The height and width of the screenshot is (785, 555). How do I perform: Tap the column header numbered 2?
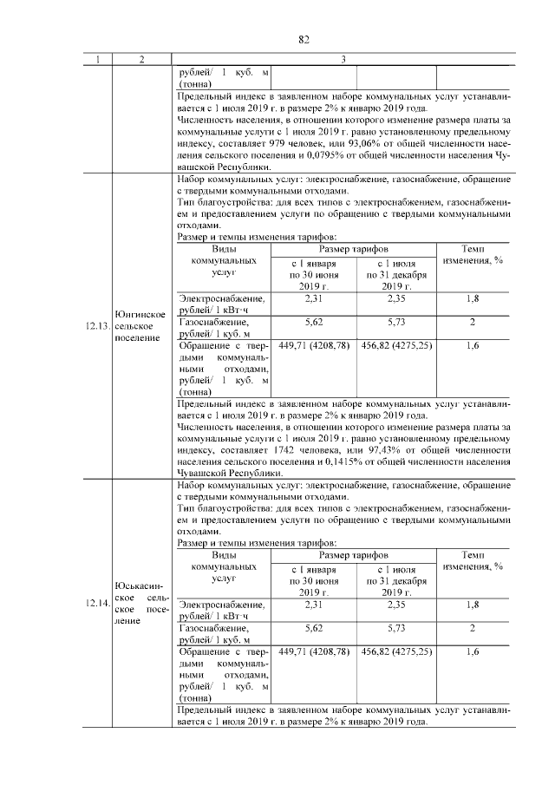(140, 59)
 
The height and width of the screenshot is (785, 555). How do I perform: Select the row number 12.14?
(97, 602)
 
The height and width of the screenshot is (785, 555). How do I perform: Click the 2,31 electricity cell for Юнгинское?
(313, 298)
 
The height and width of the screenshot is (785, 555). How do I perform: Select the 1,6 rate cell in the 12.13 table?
(473, 344)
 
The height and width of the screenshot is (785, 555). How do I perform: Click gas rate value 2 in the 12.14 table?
(473, 627)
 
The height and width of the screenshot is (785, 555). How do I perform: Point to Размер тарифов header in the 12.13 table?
(355, 248)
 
